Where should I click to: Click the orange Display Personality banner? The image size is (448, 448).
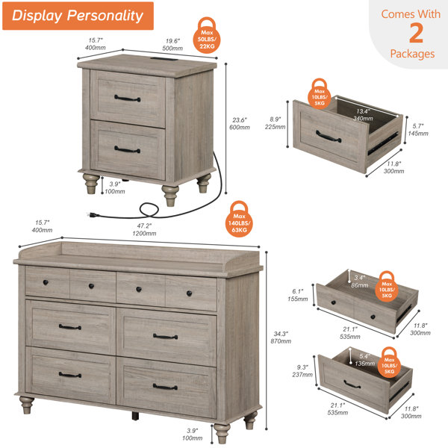pyautogui.click(x=78, y=16)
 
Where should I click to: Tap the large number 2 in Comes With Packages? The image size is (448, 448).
pyautogui.click(x=416, y=33)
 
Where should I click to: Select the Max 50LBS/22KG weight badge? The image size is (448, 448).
pyautogui.click(x=207, y=35)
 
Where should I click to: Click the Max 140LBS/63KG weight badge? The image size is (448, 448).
pyautogui.click(x=239, y=219)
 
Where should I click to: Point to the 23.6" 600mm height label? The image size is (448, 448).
pyautogui.click(x=240, y=123)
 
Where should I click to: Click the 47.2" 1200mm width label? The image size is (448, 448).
pyautogui.click(x=144, y=229)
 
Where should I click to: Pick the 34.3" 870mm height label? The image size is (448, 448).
pyautogui.click(x=281, y=337)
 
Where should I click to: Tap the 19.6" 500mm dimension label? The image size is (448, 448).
pyautogui.click(x=172, y=45)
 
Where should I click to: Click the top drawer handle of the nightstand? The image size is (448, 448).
pyautogui.click(x=128, y=99)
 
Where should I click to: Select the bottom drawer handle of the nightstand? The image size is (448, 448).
pyautogui.click(x=128, y=149)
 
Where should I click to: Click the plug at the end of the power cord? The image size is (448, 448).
pyautogui.click(x=93, y=214)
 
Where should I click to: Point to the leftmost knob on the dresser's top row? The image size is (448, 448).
pyautogui.click(x=46, y=282)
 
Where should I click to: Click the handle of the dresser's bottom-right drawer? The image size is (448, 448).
pyautogui.click(x=165, y=387)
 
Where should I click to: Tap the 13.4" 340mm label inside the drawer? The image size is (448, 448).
pyautogui.click(x=363, y=115)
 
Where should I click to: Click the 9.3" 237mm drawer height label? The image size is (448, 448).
pyautogui.click(x=302, y=370)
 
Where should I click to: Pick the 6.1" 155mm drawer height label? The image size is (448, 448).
pyautogui.click(x=298, y=295)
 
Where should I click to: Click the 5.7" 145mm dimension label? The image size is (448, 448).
pyautogui.click(x=418, y=130)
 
